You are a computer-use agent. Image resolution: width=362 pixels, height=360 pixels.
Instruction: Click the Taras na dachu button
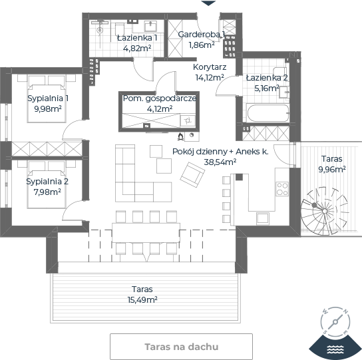tap(181, 347)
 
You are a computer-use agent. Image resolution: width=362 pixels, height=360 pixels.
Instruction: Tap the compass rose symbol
tap(335, 321)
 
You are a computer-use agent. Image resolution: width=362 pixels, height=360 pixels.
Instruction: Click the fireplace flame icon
tap(180, 136)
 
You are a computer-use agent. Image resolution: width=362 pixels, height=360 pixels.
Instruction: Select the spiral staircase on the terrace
tap(325, 211)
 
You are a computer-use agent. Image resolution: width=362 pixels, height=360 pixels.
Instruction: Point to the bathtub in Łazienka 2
tap(268, 113)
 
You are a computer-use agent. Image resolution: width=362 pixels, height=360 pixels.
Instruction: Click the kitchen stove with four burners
tap(282, 189)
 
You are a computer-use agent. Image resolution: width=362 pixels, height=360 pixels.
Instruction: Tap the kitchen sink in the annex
tap(263, 218)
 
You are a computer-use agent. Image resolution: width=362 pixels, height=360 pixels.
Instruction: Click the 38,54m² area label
tap(220, 162)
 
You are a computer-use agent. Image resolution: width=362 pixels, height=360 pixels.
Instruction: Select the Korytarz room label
tap(210, 67)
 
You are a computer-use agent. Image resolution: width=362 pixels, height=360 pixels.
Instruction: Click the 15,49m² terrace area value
tap(142, 299)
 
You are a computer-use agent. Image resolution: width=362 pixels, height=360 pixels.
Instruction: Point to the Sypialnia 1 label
tap(48, 98)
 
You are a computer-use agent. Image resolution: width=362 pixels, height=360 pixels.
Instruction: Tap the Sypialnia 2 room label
tap(47, 181)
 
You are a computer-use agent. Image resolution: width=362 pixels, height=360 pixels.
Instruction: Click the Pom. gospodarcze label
tap(160, 98)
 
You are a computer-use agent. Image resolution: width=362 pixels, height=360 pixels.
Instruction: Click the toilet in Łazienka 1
tap(120, 29)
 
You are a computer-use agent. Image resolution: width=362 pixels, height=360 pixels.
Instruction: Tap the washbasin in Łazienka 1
tap(150, 26)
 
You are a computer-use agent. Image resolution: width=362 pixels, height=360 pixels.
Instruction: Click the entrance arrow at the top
tap(208, 3)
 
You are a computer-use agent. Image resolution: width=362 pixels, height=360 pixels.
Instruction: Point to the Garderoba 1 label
tap(202, 35)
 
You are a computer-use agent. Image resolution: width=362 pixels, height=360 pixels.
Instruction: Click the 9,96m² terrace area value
tap(332, 170)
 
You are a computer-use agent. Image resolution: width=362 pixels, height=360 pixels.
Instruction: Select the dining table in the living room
tap(146, 232)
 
